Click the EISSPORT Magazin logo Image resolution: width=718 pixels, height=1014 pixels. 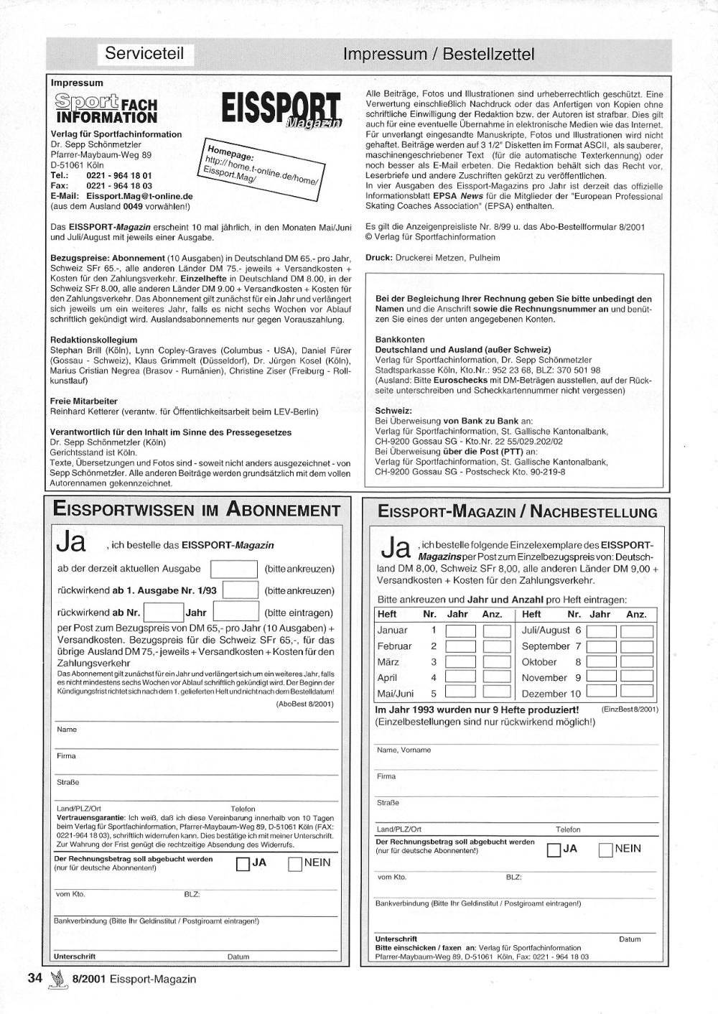coord(281,110)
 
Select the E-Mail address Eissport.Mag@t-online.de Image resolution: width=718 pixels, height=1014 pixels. coord(139,195)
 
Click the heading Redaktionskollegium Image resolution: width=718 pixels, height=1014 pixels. coord(93,340)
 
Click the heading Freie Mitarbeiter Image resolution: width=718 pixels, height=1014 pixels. coord(83,401)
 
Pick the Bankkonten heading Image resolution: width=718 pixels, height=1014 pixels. coord(400,339)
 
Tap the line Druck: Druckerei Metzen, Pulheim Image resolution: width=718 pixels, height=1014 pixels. coord(432,257)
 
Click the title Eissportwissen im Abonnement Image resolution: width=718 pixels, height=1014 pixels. coord(197,511)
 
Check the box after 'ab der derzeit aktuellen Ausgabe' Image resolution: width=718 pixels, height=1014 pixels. coord(233,569)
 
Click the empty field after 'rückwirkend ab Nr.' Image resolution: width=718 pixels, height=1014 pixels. coord(164,613)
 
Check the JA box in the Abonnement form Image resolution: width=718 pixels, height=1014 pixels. coord(243,864)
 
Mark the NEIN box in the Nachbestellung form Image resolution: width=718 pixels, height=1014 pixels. coord(605,850)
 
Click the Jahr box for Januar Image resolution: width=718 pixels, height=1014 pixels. coord(460,631)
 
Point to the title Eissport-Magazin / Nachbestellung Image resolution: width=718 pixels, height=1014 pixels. coord(517,512)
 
